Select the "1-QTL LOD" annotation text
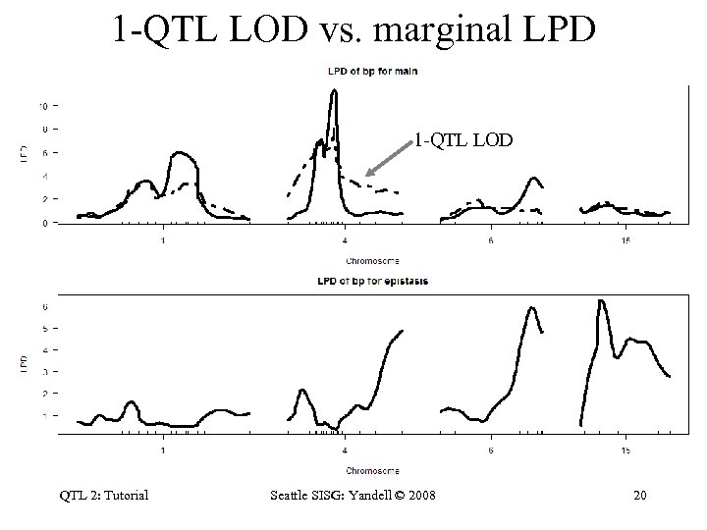point(462,140)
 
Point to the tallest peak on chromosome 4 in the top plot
point(335,91)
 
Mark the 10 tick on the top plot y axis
point(42,105)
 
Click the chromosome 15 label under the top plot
point(625,241)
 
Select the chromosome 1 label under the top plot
point(163,241)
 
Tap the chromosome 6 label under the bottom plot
point(490,450)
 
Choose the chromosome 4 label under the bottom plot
point(345,450)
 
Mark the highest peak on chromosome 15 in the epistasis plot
point(600,300)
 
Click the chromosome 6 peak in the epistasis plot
point(531,307)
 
